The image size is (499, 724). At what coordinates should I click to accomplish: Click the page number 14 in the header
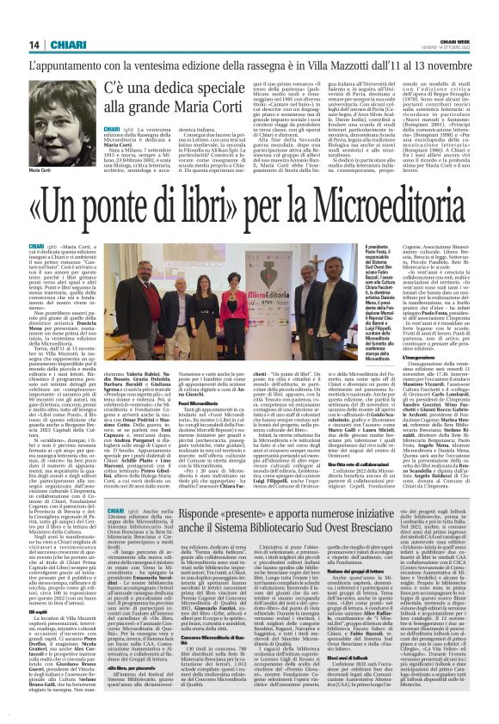(x=34, y=45)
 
